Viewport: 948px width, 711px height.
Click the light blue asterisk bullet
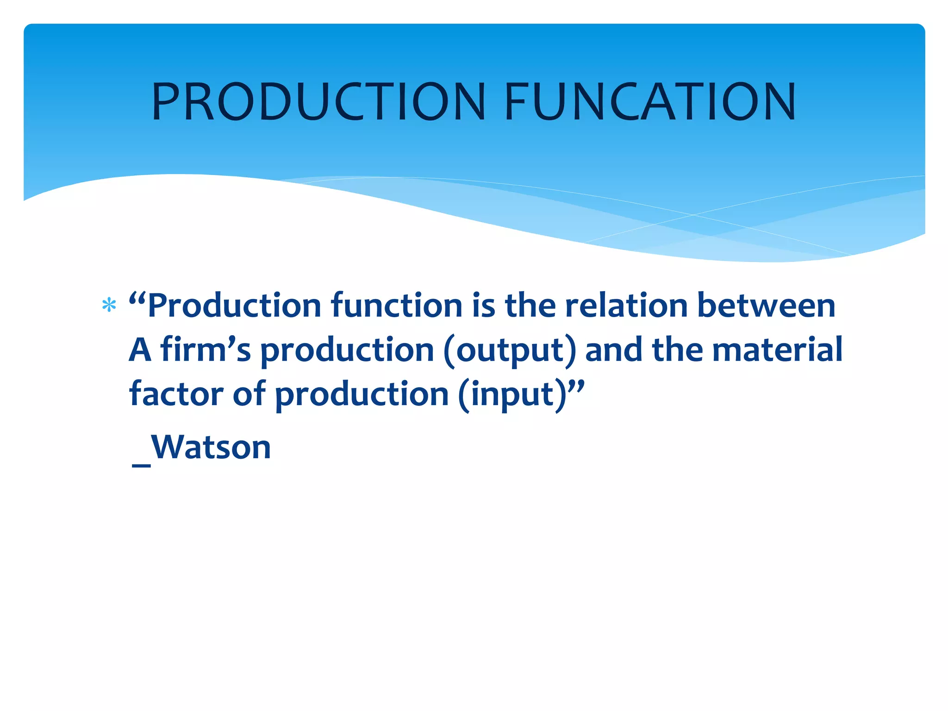point(109,306)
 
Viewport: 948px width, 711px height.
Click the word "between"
point(766,306)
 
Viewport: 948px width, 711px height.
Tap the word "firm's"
point(206,350)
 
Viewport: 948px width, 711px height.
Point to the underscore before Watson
point(141,464)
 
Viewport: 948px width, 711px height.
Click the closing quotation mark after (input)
point(576,385)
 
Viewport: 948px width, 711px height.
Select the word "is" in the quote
point(484,306)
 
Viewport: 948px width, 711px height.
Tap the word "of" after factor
point(249,394)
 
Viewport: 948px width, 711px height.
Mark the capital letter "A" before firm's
point(140,350)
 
